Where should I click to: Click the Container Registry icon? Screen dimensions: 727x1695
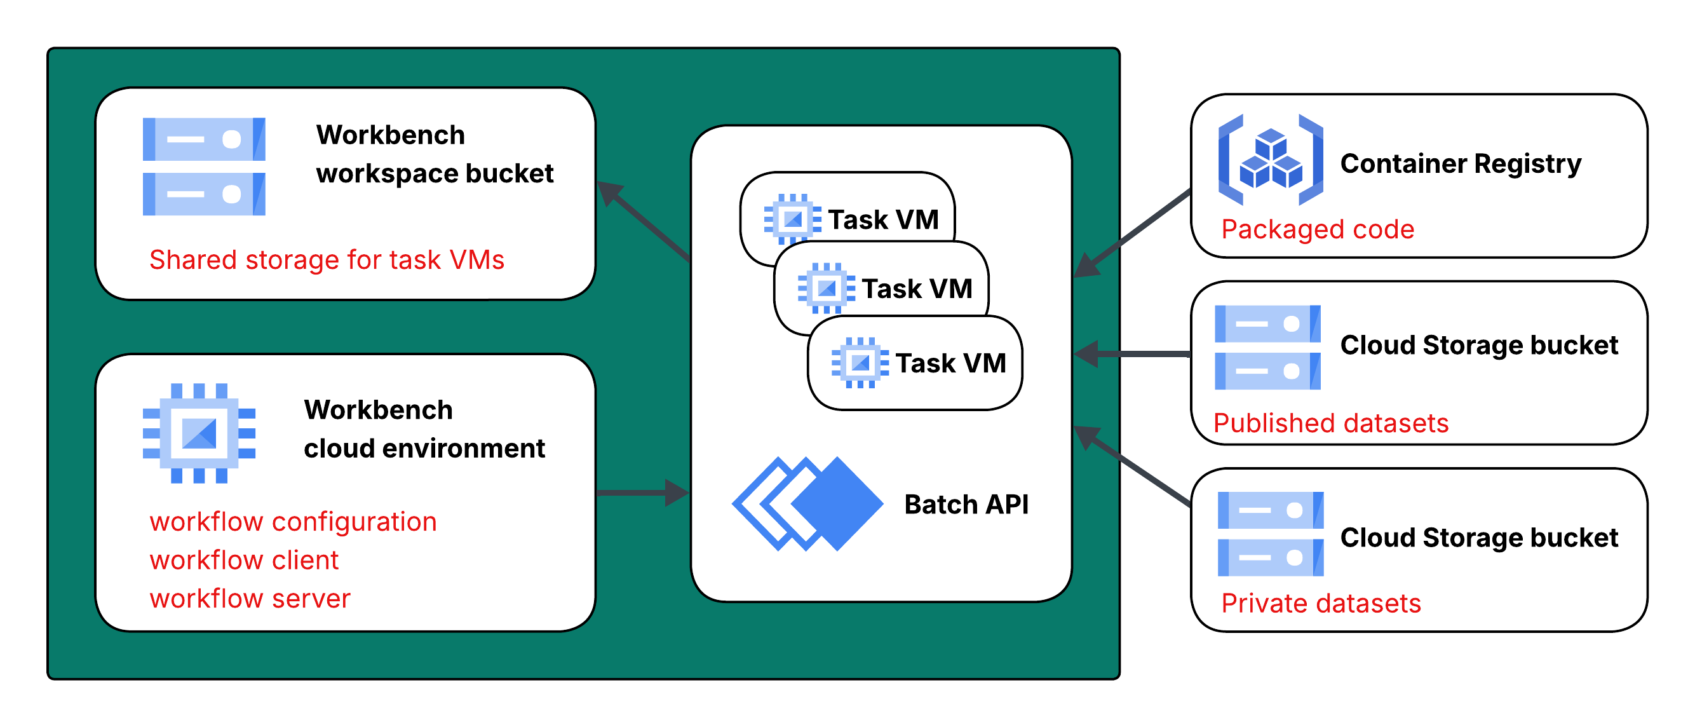(x=1271, y=160)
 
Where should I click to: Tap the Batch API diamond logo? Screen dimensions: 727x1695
(x=807, y=503)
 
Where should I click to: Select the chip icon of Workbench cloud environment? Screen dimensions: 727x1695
(x=199, y=433)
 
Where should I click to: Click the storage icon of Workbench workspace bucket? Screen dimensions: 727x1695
(x=204, y=166)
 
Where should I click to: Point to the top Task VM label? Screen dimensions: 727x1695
(x=883, y=220)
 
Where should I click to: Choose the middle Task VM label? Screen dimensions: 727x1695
(x=917, y=289)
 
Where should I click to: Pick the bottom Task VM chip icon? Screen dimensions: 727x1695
(x=860, y=363)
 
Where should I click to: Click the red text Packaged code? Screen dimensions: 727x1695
(x=1318, y=229)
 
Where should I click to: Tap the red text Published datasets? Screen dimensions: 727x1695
(x=1330, y=423)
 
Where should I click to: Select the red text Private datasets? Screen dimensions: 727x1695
(x=1321, y=603)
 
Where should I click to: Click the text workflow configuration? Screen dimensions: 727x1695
(x=293, y=522)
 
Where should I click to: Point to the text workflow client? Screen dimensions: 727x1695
(x=243, y=561)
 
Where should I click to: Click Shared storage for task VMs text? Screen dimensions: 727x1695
(x=327, y=260)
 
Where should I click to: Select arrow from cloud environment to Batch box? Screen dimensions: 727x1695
(x=642, y=492)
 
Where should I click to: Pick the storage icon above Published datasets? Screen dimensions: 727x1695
(x=1267, y=348)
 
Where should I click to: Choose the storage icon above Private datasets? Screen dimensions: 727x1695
(x=1270, y=534)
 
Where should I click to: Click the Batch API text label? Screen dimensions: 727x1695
(x=966, y=505)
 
